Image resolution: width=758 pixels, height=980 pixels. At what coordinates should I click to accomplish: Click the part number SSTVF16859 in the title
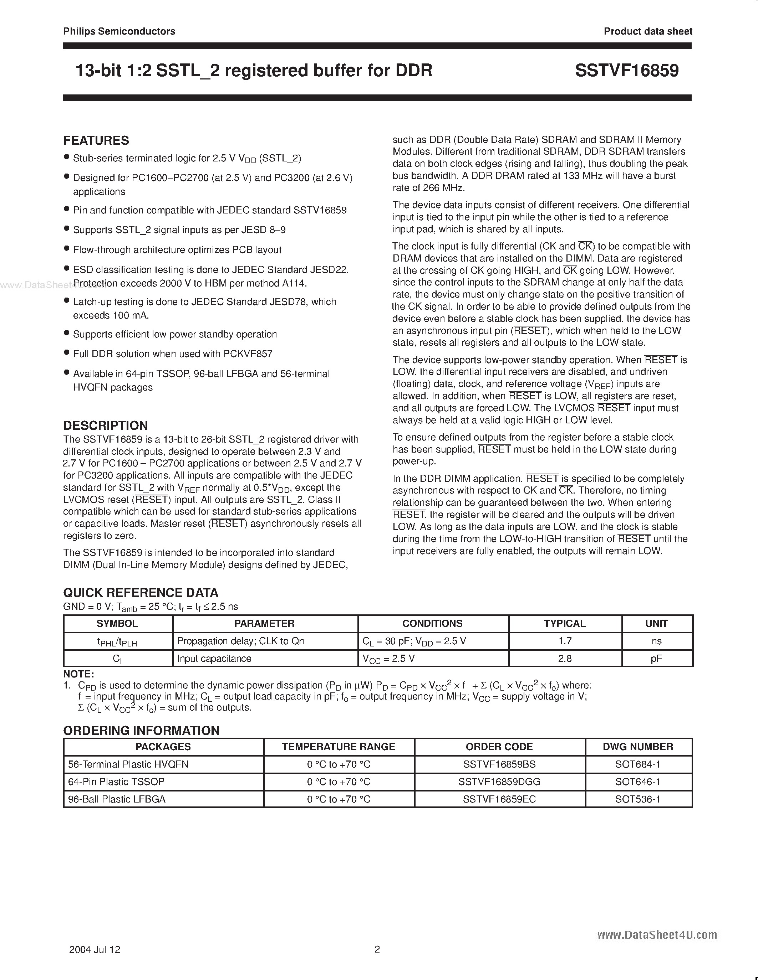[x=627, y=71]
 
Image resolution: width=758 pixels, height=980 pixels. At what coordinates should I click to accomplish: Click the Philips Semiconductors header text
[x=119, y=31]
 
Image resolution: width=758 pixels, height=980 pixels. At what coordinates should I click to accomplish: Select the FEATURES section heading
[x=96, y=140]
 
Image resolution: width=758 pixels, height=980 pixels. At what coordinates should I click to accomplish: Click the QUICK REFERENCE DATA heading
[x=141, y=592]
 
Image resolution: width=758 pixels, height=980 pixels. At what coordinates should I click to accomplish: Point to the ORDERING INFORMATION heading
[x=142, y=730]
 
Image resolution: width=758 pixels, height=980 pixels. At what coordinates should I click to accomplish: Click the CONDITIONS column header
[x=432, y=623]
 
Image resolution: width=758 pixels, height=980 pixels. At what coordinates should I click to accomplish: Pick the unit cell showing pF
[x=656, y=658]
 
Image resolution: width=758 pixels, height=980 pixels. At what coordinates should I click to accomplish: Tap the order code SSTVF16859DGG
[x=499, y=781]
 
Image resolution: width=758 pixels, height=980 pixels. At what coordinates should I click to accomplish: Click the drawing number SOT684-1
[x=638, y=764]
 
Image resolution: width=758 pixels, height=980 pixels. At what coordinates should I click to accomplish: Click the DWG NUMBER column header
[x=638, y=747]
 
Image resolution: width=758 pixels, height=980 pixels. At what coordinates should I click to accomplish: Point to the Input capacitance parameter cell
[x=214, y=658]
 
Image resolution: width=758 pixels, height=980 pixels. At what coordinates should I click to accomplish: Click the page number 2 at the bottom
[x=377, y=949]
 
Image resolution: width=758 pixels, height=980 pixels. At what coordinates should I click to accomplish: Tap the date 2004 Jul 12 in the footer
[x=95, y=949]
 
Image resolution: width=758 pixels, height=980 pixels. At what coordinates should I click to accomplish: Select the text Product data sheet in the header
[x=647, y=31]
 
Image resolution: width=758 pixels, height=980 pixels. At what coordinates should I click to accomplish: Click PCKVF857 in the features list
[x=248, y=354]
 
